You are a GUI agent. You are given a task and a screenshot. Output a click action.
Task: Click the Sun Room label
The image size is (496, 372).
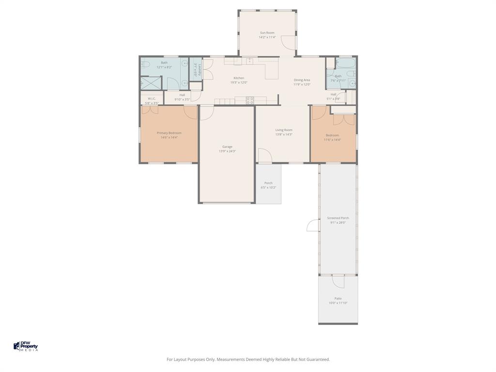[267, 33]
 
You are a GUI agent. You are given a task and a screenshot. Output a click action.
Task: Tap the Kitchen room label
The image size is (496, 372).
[239, 78]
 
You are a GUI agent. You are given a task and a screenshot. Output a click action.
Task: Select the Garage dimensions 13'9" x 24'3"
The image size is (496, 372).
[227, 151]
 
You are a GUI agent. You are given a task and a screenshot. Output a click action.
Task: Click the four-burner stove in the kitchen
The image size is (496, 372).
[250, 100]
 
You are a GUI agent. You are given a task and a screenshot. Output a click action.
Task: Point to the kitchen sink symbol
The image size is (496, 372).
[249, 61]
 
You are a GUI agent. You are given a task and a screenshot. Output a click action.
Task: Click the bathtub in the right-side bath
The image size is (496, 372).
[345, 63]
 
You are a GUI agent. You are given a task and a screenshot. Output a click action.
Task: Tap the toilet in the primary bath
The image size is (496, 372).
[145, 64]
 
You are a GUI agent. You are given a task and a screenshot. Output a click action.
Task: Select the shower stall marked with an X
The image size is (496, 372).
[151, 83]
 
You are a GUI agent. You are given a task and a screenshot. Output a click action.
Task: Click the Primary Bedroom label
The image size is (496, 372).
[169, 133]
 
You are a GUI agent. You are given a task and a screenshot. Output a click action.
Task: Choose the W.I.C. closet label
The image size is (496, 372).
[152, 99]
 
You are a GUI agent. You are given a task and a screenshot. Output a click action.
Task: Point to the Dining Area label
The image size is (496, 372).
[302, 80]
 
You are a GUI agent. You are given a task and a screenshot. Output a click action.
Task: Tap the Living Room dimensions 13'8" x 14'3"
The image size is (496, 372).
[284, 134]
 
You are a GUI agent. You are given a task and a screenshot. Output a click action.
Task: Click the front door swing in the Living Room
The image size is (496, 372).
[264, 156]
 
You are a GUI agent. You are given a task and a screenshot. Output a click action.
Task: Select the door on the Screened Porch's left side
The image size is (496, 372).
[313, 225]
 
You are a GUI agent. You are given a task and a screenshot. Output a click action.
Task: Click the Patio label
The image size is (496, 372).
[338, 298]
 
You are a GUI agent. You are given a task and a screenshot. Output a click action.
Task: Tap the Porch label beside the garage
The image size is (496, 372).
[268, 183]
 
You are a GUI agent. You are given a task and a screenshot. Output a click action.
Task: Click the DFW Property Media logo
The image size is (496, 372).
[26, 346]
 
